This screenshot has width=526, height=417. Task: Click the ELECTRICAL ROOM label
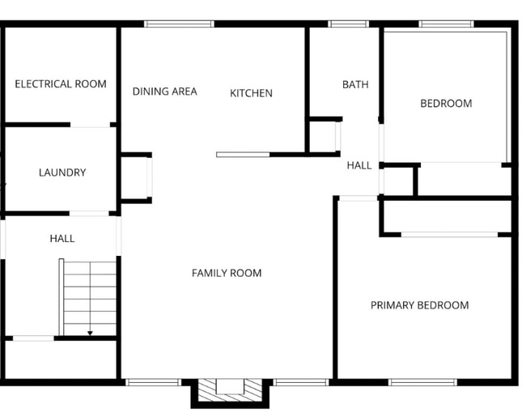[x=61, y=84]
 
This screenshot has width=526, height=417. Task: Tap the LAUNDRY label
[x=62, y=172]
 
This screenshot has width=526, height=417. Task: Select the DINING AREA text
[x=164, y=91]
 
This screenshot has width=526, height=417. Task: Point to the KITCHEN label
[x=251, y=93]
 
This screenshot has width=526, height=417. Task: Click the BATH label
[x=355, y=84]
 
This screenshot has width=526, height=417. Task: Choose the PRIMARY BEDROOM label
[x=419, y=305]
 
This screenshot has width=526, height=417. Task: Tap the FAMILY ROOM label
[x=227, y=273]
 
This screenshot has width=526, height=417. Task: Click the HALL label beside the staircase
[x=62, y=238]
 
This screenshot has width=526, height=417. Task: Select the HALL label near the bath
[x=359, y=165]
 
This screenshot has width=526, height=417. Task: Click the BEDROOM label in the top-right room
[x=446, y=104]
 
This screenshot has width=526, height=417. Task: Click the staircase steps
[x=90, y=296]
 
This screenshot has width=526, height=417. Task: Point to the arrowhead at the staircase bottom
[x=90, y=332]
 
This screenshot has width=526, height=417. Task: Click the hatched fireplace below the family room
[x=229, y=387]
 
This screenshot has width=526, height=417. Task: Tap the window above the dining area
[x=179, y=24]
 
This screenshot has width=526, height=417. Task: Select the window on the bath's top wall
[x=349, y=24]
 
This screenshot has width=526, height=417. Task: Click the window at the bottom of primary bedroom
[x=422, y=381]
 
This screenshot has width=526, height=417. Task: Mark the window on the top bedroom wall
[x=446, y=24]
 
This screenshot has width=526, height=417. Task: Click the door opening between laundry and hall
[x=89, y=214]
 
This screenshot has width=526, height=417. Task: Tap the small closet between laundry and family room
[x=134, y=177]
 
